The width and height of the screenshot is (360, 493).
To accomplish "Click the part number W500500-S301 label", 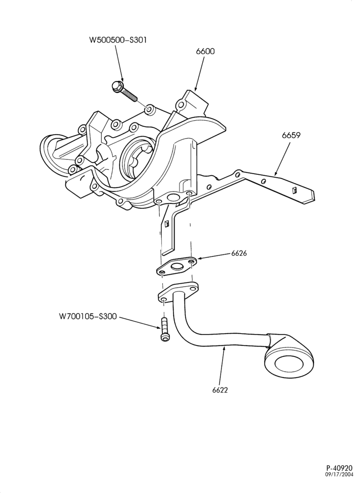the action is coord(118,40).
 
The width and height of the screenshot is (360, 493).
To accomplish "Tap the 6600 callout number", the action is coord(205,51).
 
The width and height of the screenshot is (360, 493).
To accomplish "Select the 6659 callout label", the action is coord(291,136).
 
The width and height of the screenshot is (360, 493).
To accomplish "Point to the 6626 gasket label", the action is coord(239,253).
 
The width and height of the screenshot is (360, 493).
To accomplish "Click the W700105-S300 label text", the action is coord(88,316).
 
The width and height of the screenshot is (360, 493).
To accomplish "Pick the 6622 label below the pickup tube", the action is coord(220,390).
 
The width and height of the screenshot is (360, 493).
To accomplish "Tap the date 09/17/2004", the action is coord(339,483).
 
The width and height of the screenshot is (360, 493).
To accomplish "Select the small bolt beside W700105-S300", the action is coord(164,330).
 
